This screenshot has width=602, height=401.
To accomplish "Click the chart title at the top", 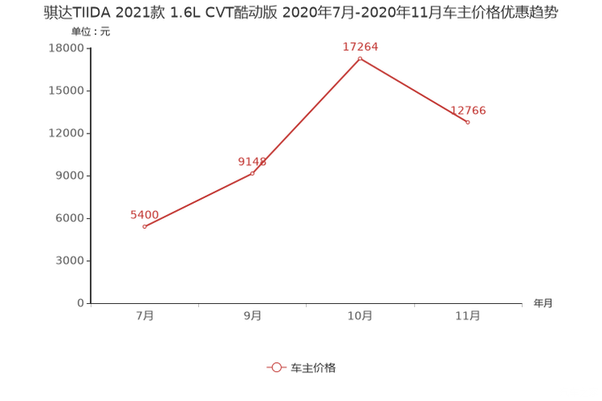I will (300, 15).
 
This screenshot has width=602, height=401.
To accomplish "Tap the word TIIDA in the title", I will (95, 15).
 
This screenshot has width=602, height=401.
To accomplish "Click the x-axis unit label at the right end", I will (543, 304).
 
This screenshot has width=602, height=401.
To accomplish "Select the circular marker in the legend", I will (277, 367).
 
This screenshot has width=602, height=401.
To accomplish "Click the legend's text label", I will (313, 367).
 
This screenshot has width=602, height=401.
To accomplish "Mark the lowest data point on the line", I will (144, 226).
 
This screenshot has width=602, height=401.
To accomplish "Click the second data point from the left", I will (252, 172).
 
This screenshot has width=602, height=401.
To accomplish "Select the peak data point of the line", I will (359, 57).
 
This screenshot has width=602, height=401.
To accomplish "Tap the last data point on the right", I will (468, 122).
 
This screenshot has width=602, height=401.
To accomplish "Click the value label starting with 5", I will (144, 214).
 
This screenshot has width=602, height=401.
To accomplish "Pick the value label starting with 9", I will (252, 161).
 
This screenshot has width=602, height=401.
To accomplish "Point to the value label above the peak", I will (360, 47).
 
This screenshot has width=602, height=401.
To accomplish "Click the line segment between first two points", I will (198, 200).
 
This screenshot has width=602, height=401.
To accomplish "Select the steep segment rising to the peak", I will (306, 115).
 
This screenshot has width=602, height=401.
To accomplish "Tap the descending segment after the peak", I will (413, 90).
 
